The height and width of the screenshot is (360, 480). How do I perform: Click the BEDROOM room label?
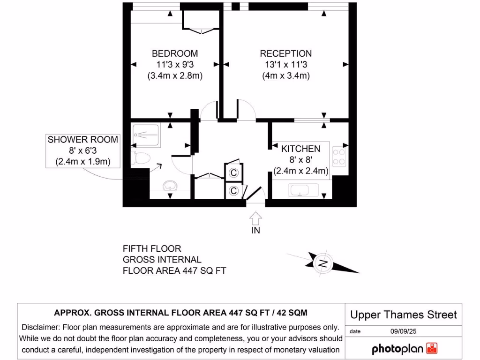[x=175, y=53]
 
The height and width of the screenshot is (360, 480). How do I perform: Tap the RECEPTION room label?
[x=285, y=53]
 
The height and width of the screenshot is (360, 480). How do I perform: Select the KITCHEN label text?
[x=300, y=149]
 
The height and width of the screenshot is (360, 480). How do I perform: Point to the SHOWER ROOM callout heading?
[x=82, y=140]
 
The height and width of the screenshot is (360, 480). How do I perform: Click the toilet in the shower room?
[x=141, y=158]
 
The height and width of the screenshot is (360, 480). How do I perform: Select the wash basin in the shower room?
[x=170, y=186]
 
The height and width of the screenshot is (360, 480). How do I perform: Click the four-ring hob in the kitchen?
[x=339, y=157]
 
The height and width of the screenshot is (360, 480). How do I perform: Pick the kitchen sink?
[x=303, y=190]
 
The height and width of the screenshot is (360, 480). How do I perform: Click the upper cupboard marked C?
[x=233, y=172]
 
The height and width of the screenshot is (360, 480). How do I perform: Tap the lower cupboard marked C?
[x=233, y=191]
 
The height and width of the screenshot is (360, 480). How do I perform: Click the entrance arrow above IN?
[x=255, y=218]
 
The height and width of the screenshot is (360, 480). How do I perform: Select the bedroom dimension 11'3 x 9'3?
[x=175, y=65]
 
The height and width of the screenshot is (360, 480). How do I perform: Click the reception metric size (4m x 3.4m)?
[x=286, y=75]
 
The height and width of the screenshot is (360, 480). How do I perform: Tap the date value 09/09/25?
[x=403, y=331]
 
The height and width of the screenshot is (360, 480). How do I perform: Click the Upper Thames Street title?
[x=404, y=315]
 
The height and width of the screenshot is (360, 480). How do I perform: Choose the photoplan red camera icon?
[x=432, y=348]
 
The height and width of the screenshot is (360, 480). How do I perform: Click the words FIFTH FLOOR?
[x=152, y=248]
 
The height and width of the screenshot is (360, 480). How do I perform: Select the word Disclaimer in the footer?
[x=40, y=327]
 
